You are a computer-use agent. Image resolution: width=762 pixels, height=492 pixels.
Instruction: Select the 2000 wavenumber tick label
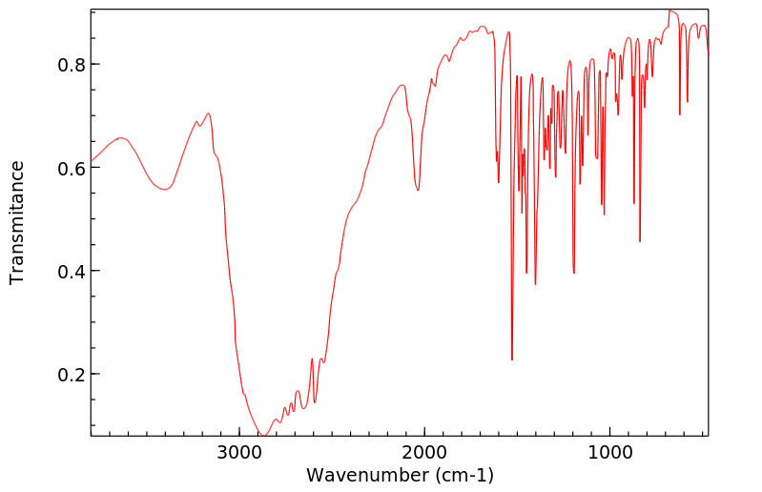(424, 452)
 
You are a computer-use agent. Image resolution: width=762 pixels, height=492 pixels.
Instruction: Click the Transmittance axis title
(17, 222)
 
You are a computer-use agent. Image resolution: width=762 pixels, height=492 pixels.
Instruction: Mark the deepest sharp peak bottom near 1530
(512, 359)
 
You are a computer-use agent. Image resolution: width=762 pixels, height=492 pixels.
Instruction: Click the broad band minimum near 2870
(262, 435)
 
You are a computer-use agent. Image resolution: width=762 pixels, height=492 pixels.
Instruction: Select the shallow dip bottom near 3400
(164, 190)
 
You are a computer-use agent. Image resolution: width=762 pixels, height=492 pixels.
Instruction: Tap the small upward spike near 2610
(312, 359)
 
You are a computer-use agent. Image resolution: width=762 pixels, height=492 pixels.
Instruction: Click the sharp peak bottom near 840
(640, 241)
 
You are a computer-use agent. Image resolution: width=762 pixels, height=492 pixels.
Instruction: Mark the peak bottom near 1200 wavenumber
(573, 273)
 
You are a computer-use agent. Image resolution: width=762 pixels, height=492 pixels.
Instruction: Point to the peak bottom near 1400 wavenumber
(535, 284)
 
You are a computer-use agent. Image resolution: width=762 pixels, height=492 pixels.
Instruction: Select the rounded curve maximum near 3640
(120, 137)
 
